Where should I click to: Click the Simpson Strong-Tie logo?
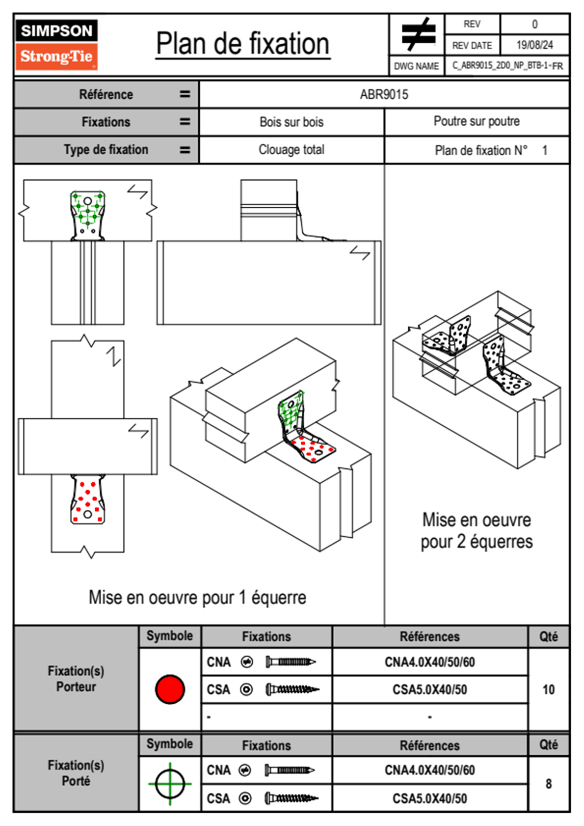click(56, 44)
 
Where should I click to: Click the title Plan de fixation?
click(242, 44)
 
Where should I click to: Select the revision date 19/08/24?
click(534, 45)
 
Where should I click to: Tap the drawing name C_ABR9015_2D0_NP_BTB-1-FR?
click(507, 66)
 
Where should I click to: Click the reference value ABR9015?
click(384, 94)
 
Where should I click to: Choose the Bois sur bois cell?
click(292, 122)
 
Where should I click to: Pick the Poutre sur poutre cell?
click(477, 121)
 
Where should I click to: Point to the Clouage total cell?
click(292, 150)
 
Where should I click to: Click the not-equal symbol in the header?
click(418, 34)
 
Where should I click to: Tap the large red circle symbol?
click(170, 689)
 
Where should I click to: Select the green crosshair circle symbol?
click(170, 784)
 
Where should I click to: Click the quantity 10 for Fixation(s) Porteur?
click(548, 689)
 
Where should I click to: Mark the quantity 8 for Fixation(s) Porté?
click(548, 784)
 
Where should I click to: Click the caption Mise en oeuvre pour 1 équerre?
click(197, 598)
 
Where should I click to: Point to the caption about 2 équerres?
click(477, 531)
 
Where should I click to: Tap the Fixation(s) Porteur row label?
click(76, 679)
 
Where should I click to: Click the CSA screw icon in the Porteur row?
click(292, 689)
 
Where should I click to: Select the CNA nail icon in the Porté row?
click(290, 770)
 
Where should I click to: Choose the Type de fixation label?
click(106, 150)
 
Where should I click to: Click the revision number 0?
click(534, 24)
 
